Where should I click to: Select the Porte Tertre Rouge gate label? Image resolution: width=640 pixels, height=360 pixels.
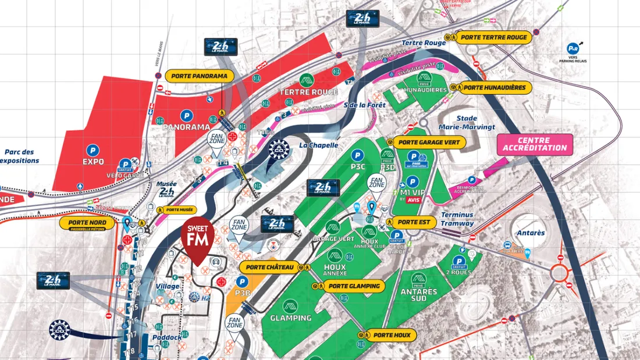click(493, 37)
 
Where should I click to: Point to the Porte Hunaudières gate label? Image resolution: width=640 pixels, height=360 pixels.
click(494, 88)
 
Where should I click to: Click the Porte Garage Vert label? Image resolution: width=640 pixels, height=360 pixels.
click(429, 142)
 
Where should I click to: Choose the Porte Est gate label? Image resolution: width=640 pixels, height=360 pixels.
click(414, 222)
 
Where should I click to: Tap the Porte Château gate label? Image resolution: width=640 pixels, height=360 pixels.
click(269, 267)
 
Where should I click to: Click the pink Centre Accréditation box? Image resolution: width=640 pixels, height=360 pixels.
click(535, 144)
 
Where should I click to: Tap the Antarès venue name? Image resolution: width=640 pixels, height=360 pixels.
click(530, 233)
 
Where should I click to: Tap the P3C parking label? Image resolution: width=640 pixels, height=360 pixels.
click(358, 166)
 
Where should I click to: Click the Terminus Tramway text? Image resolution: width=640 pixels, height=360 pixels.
click(457, 219)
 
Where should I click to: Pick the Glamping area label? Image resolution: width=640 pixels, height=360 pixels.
click(290, 318)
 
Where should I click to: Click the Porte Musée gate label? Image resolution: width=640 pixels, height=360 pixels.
click(180, 209)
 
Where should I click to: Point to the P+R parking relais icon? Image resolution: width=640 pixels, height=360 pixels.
click(573, 49)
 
